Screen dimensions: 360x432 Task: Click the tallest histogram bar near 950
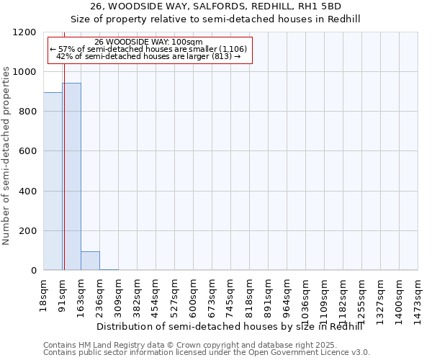[71, 176]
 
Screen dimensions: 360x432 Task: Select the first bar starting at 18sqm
[53, 181]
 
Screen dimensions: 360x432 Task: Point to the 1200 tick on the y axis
[27, 32]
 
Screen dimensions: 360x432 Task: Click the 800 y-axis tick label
[30, 112]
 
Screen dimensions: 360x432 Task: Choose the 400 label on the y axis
[30, 192]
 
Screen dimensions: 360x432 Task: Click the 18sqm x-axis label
[44, 293]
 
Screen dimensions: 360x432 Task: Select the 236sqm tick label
[100, 296]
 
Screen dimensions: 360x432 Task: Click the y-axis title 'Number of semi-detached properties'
[7, 152]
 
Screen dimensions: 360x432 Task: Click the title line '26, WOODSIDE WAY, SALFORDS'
[215, 6]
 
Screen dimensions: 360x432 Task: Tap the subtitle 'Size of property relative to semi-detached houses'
[215, 19]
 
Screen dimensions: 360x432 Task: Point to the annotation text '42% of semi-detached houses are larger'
[149, 56]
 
